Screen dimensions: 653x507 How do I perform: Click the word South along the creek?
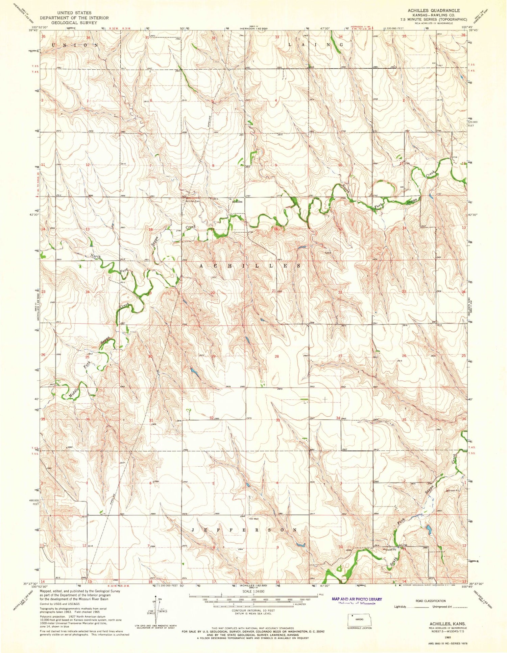(x=393, y=562)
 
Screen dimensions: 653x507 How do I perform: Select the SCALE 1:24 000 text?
(x=253, y=591)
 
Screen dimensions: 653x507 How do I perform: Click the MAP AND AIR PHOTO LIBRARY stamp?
(x=357, y=599)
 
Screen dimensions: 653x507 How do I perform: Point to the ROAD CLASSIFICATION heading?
(x=431, y=601)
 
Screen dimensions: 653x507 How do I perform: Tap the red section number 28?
(x=277, y=356)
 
